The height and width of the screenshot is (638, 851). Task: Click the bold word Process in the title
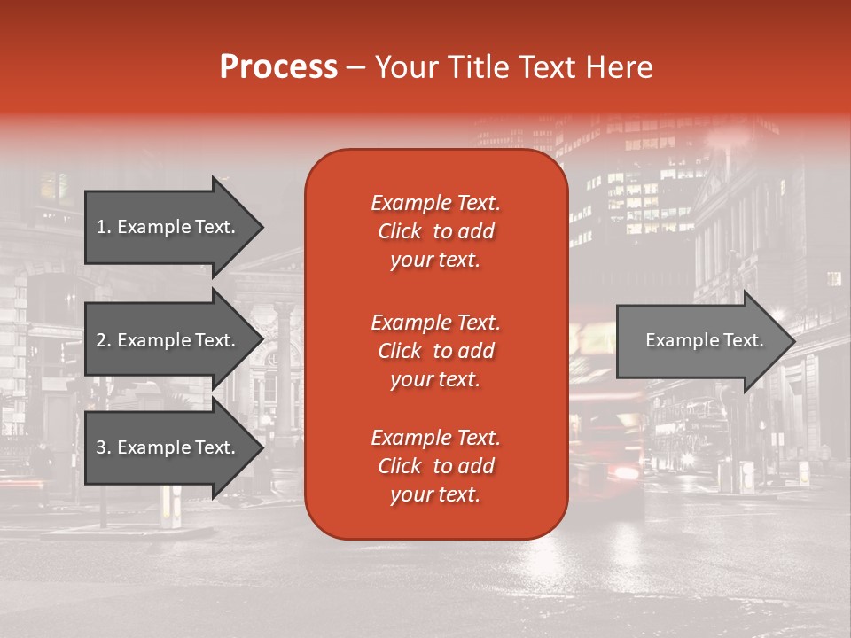[278, 67]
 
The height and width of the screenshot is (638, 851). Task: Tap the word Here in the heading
[620, 67]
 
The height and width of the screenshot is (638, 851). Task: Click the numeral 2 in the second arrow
[101, 340]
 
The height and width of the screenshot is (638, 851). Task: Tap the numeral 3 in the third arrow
[101, 447]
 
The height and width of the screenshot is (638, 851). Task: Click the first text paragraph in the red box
[435, 231]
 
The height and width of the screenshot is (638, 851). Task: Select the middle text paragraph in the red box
[435, 351]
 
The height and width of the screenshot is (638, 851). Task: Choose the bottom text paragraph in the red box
[435, 466]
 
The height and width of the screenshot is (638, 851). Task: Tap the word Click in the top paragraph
[400, 231]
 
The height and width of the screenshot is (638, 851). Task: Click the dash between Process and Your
[356, 67]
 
